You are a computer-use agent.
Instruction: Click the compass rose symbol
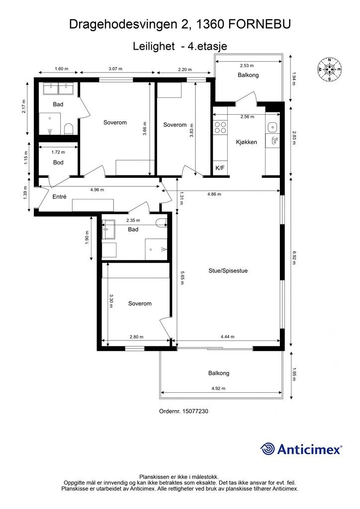click(330, 69)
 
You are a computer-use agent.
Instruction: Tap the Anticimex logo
click(301, 449)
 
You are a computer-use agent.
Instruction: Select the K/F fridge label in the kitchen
click(220, 168)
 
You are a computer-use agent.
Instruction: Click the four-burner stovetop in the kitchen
click(220, 127)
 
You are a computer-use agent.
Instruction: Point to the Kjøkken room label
click(247, 142)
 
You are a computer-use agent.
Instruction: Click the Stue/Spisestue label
click(228, 271)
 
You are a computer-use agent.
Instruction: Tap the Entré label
click(59, 196)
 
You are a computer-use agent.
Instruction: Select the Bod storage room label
click(59, 163)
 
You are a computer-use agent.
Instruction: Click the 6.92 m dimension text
click(293, 258)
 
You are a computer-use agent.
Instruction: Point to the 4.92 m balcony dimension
click(218, 388)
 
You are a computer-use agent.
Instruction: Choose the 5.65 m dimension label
click(181, 278)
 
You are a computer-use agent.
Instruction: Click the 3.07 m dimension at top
click(115, 69)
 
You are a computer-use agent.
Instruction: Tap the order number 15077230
click(195, 411)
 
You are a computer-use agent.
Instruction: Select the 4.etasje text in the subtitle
click(208, 46)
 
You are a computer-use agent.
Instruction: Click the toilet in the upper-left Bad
click(69, 129)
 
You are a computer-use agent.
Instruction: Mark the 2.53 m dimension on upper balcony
click(247, 66)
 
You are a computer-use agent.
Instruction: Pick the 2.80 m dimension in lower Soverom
click(136, 337)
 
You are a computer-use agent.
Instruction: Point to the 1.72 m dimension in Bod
click(58, 152)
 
